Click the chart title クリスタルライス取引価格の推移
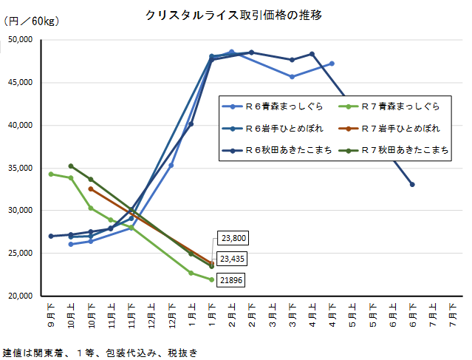(233, 15)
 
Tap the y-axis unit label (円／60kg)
(32, 20)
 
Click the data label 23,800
(233, 238)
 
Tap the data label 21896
(231, 280)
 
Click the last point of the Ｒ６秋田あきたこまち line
(412, 184)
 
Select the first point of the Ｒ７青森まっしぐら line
(51, 174)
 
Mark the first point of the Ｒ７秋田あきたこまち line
(71, 166)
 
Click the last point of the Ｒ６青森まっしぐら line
(332, 64)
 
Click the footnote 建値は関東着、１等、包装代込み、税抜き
(100, 353)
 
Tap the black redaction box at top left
(22, 47)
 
